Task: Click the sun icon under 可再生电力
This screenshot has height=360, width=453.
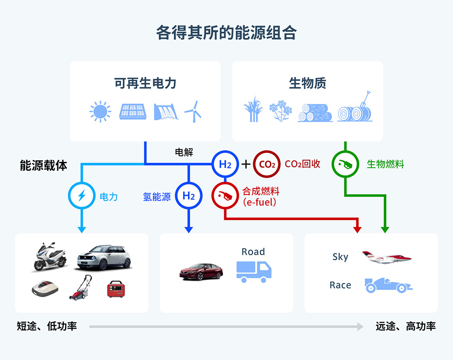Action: pyautogui.click(x=100, y=112)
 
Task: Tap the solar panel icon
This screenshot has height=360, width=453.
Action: pyautogui.click(x=134, y=111)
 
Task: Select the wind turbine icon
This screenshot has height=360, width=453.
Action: pyautogui.click(x=193, y=111)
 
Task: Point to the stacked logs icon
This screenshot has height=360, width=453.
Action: pyautogui.click(x=315, y=112)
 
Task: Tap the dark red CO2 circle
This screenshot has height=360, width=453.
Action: pyautogui.click(x=267, y=164)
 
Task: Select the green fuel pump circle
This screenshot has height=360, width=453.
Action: pyautogui.click(x=346, y=164)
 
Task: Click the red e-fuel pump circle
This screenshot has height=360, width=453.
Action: pyautogui.click(x=225, y=196)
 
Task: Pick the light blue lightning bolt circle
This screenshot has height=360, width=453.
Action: pyautogui.click(x=81, y=196)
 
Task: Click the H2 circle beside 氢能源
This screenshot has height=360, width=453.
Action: pyautogui.click(x=189, y=196)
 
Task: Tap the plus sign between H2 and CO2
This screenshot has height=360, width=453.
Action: pyautogui.click(x=246, y=164)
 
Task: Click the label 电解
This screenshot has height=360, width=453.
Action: pyautogui.click(x=184, y=153)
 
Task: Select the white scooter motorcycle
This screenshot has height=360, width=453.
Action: pyautogui.click(x=49, y=257)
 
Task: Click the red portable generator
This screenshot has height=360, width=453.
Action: pyautogui.click(x=117, y=289)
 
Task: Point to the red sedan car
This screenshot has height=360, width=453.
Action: pyautogui.click(x=201, y=271)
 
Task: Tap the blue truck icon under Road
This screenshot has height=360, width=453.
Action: pyautogui.click(x=254, y=271)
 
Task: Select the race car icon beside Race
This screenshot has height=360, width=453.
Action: pyautogui.click(x=388, y=285)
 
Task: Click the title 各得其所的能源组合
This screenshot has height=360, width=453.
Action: pyautogui.click(x=226, y=33)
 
